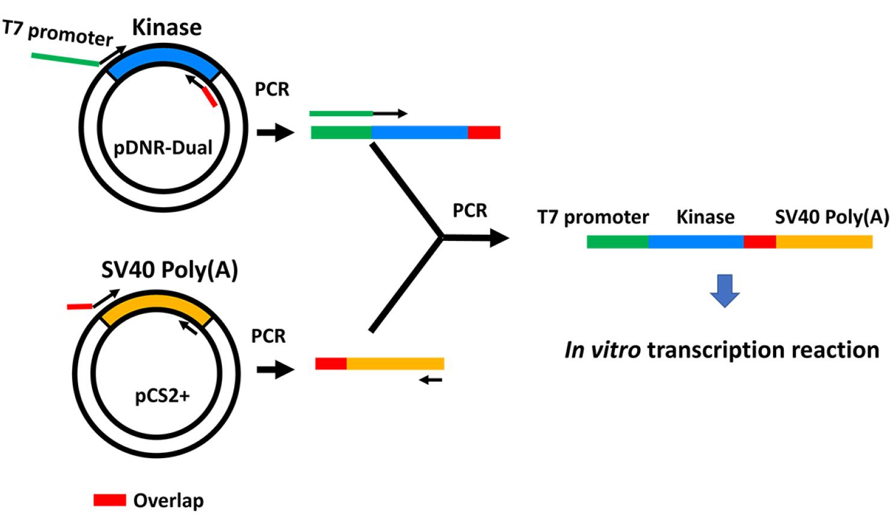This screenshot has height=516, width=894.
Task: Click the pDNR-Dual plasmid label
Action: (x=163, y=148)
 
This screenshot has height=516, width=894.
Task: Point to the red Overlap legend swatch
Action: (x=109, y=500)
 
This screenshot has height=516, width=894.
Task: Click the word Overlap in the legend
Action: (x=168, y=500)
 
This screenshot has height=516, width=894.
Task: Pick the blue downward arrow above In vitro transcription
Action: (x=724, y=290)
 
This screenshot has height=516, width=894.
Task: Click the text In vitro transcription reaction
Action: (x=722, y=350)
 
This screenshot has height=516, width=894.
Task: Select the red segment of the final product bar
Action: (x=760, y=241)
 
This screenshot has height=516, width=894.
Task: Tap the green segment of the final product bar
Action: (x=617, y=241)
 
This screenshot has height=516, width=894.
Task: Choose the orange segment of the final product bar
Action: (x=824, y=241)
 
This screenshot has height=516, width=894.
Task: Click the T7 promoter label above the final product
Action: (x=593, y=217)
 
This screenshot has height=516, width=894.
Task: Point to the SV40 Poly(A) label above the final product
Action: (x=832, y=217)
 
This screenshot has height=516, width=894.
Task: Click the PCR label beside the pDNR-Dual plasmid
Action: (x=272, y=89)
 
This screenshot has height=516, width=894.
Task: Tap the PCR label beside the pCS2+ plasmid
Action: (x=268, y=336)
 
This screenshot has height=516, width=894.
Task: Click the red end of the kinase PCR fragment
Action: (x=484, y=132)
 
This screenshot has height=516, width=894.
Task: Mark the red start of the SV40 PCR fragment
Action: (x=331, y=364)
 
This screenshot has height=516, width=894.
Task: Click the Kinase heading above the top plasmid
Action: (x=167, y=27)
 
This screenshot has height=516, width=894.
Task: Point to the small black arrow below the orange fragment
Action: (x=431, y=380)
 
